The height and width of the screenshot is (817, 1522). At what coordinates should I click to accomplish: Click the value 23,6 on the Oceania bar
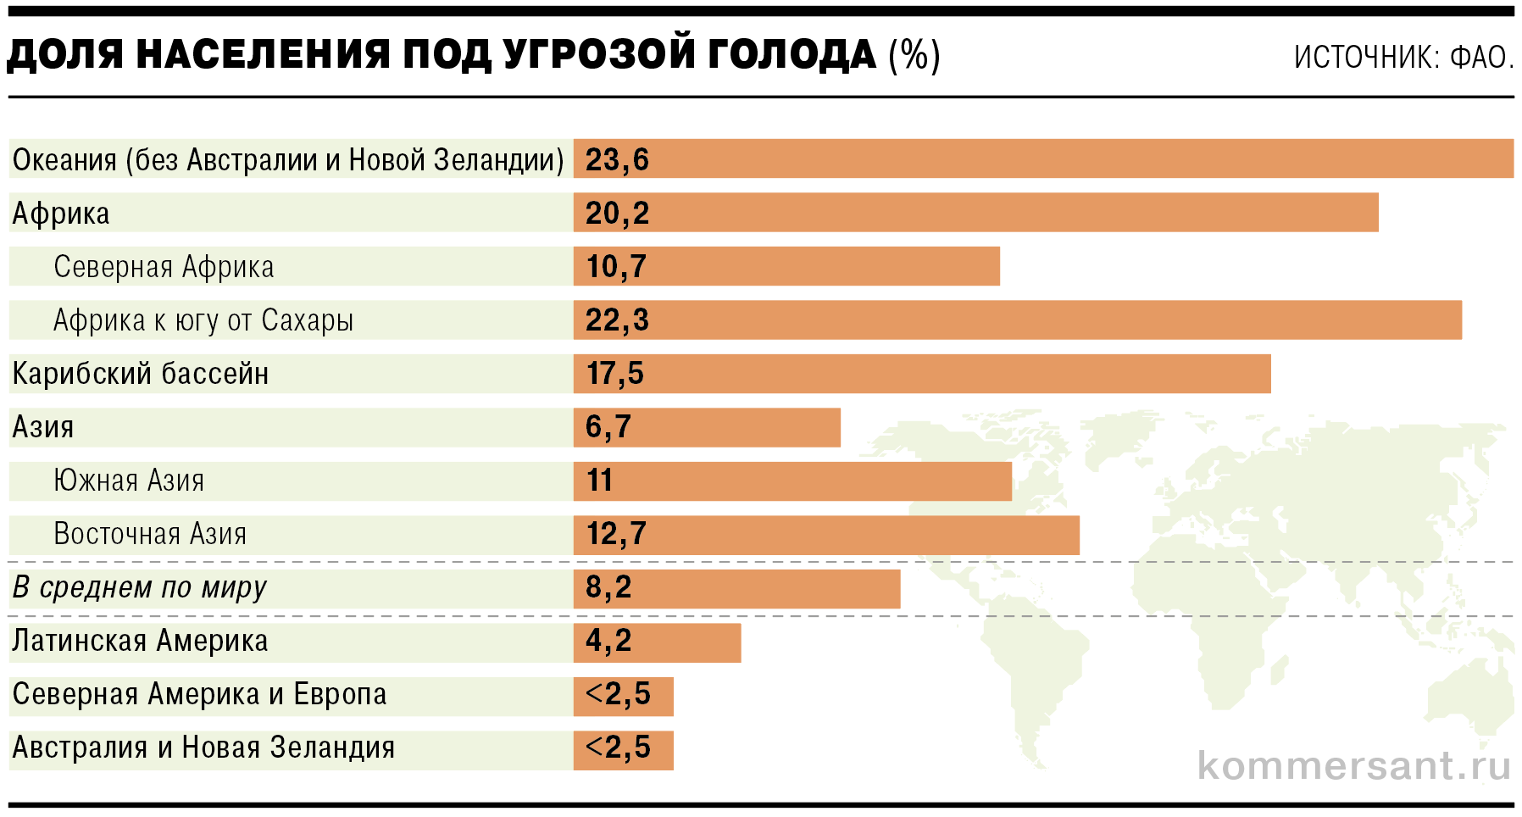[x=617, y=159]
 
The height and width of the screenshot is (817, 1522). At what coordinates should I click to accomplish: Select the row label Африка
[x=61, y=214]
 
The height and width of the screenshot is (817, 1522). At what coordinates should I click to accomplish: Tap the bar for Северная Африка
[x=786, y=266]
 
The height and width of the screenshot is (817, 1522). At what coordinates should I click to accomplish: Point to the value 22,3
[x=617, y=320]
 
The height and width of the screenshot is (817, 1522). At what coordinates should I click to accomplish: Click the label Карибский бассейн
[x=141, y=374]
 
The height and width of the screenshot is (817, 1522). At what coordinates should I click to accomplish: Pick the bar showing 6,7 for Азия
[x=707, y=427]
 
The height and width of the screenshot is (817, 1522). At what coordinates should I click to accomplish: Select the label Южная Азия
[x=129, y=481]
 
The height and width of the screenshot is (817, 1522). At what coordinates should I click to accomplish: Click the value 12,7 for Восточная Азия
[x=616, y=534]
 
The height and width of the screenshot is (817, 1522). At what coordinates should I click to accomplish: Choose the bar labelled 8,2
[x=736, y=588]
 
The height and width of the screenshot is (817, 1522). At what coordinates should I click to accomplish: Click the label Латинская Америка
[x=140, y=642]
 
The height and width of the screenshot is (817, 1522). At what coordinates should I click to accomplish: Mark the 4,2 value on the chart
[x=608, y=641]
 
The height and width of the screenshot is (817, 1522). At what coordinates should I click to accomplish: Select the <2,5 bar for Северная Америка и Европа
[x=623, y=696]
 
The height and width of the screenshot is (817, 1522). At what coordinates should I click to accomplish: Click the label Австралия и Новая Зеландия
[x=203, y=748]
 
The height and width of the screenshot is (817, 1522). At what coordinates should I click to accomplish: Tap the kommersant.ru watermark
[x=1353, y=765]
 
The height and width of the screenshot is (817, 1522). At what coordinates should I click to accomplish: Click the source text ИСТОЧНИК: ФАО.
[x=1403, y=58]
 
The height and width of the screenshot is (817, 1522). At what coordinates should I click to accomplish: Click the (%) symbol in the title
[x=914, y=56]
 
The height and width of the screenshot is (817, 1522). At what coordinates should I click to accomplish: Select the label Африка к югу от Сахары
[x=203, y=320]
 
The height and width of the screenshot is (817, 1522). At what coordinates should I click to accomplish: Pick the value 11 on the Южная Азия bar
[x=599, y=481]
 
